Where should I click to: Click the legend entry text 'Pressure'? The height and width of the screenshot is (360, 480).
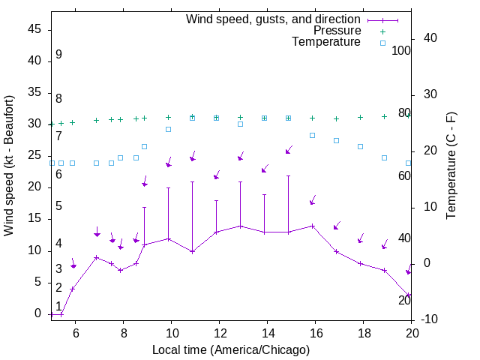pyautogui.click(x=337, y=31)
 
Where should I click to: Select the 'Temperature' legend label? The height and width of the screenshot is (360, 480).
pyautogui.click(x=326, y=43)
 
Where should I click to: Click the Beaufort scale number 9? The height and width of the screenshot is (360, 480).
pyautogui.click(x=58, y=55)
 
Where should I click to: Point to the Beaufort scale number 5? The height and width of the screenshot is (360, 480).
pyautogui.click(x=58, y=206)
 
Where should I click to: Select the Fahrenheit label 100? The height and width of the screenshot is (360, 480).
pyautogui.click(x=402, y=51)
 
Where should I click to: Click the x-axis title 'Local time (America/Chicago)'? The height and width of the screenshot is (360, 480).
pyautogui.click(x=230, y=349)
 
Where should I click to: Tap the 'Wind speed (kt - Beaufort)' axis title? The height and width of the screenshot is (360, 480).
pyautogui.click(x=9, y=166)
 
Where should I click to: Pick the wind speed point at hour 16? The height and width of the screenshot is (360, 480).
pyautogui.click(x=313, y=226)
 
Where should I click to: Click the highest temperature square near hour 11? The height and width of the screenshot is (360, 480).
pyautogui.click(x=193, y=118)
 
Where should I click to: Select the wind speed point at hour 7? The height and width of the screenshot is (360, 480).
pyautogui.click(x=97, y=257)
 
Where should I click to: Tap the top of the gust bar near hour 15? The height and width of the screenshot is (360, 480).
pyautogui.click(x=289, y=176)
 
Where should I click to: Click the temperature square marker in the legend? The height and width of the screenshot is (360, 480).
pyautogui.click(x=382, y=43)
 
